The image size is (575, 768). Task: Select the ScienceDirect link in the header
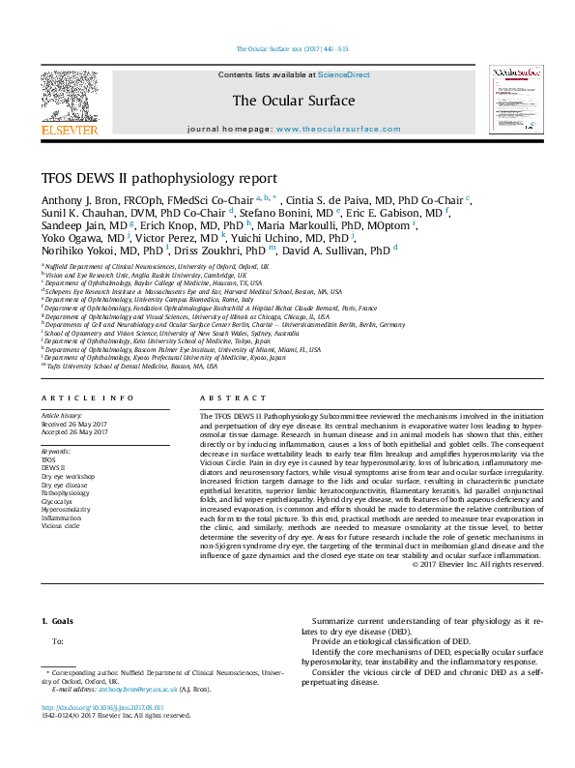click(343, 74)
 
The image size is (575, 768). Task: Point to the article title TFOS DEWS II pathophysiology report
click(173, 178)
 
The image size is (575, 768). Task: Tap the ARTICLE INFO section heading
click(88, 399)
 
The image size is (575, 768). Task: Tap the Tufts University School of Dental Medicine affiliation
click(131, 367)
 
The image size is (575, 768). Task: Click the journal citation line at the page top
click(287, 49)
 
